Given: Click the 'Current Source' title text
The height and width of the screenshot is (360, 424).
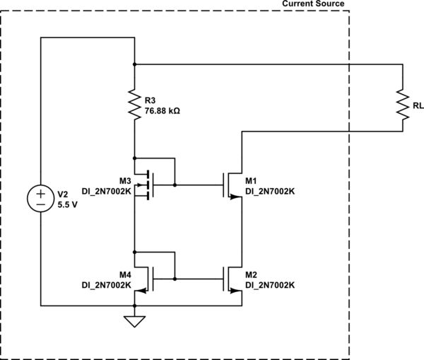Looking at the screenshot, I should (x=313, y=4).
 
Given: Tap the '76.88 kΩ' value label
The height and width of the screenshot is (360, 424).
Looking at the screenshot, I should (x=162, y=111).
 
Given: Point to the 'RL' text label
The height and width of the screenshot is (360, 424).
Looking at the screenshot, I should (x=418, y=106).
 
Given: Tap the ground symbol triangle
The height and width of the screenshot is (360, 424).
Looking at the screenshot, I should (x=134, y=322).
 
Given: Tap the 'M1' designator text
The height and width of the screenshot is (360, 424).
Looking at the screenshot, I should (x=252, y=180).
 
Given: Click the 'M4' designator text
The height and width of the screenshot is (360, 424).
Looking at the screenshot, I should (x=126, y=274).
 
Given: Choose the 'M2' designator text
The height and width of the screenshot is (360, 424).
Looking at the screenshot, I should (x=252, y=274).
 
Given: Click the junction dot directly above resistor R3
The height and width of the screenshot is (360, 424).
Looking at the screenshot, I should (x=134, y=64).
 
